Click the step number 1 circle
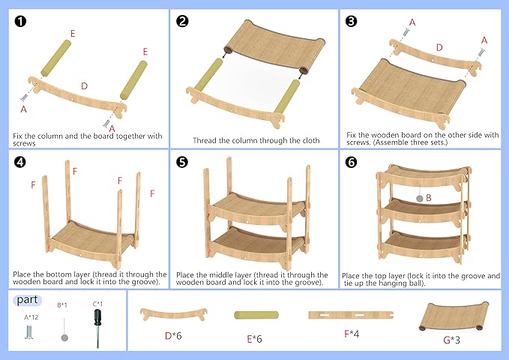pyautogui.click(x=20, y=21)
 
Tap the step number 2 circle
pyautogui.click(x=182, y=21)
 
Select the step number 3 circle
pyautogui.click(x=351, y=21)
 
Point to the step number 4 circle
pyautogui.click(x=20, y=161)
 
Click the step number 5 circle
pyautogui.click(x=182, y=161)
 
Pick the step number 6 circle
pyautogui.click(x=351, y=161)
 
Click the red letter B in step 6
pyautogui.click(x=428, y=199)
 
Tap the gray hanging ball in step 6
pyautogui.click(x=418, y=199)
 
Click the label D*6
pyautogui.click(x=174, y=335)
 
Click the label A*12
pyautogui.click(x=31, y=316)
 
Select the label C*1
pyautogui.click(x=97, y=304)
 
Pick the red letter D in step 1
pyautogui.click(x=84, y=86)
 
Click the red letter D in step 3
pyautogui.click(x=440, y=47)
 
